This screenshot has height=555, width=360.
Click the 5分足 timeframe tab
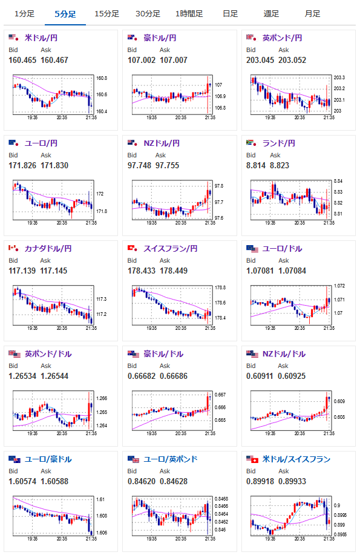[x=65, y=14]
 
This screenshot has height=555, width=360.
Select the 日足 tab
[x=230, y=14]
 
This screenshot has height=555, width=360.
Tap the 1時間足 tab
[x=189, y=14]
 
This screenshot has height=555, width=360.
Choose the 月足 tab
[x=312, y=14]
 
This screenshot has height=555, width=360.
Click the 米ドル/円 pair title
[x=41, y=38]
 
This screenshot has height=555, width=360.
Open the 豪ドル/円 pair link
[x=160, y=38]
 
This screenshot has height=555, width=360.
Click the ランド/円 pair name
[x=278, y=143]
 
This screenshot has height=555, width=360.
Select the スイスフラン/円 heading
[x=170, y=249]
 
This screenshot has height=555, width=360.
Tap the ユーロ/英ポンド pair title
[x=170, y=459]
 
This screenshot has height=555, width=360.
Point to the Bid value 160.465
[x=22, y=60]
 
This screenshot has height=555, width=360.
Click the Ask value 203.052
[x=292, y=60]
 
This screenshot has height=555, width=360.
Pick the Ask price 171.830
[x=54, y=165]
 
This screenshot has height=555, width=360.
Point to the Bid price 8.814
[x=255, y=165]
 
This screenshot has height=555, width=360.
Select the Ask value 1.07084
[x=292, y=271]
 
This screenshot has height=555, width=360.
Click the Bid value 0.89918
[x=260, y=481]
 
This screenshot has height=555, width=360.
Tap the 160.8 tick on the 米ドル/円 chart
[x=102, y=78]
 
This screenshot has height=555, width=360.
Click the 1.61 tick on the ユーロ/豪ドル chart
[x=100, y=499]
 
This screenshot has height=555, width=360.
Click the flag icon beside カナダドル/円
[x=14, y=248]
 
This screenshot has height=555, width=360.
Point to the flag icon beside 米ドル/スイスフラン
[x=252, y=459]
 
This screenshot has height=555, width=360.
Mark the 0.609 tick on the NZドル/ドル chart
[x=339, y=401]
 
